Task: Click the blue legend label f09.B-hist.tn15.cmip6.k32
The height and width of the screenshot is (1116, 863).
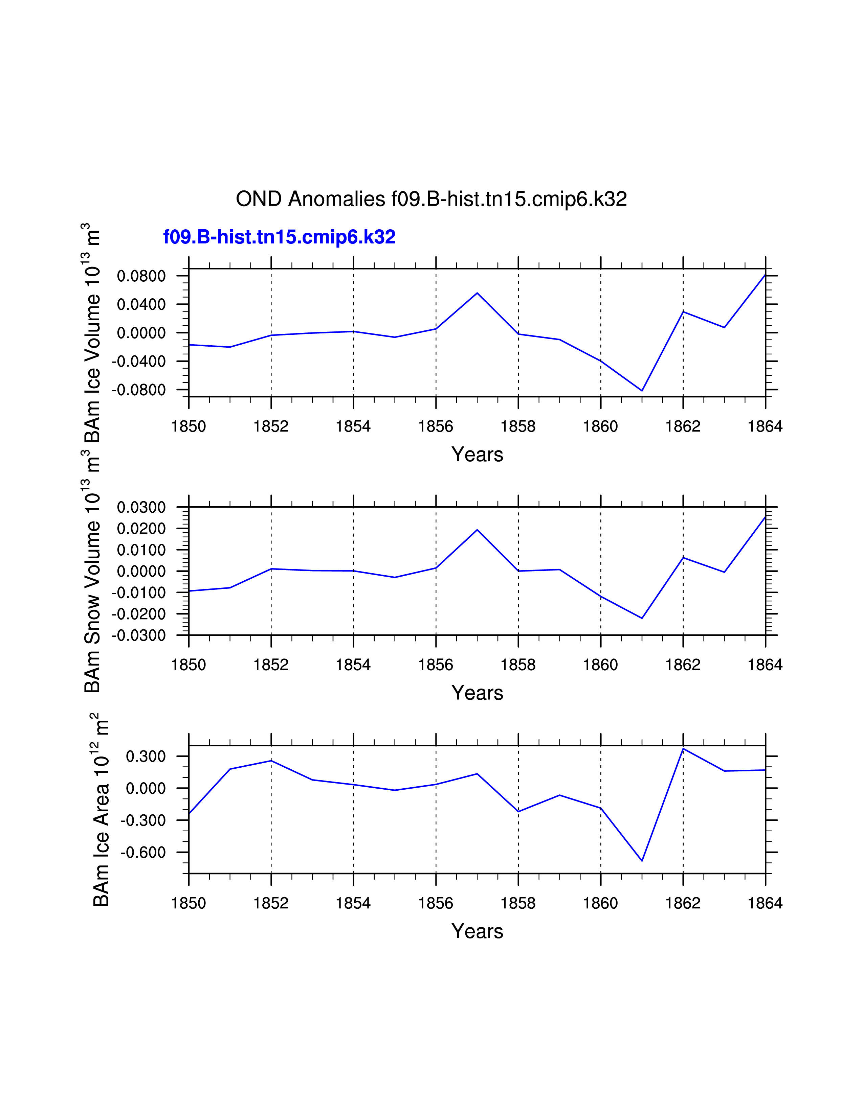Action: click(279, 237)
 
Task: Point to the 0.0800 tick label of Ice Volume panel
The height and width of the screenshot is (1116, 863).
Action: click(141, 276)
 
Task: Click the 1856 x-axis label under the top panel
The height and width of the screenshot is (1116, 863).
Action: click(436, 426)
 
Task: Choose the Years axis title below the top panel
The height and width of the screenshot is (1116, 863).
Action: click(477, 454)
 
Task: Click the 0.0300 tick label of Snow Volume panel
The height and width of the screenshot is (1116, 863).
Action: click(141, 507)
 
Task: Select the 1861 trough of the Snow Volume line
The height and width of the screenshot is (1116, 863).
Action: click(642, 618)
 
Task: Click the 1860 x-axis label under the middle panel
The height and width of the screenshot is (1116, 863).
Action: click(600, 665)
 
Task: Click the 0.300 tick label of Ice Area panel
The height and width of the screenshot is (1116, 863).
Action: click(146, 756)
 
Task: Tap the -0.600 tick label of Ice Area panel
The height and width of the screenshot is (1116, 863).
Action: click(143, 852)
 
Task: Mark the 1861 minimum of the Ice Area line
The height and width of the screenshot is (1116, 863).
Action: click(642, 861)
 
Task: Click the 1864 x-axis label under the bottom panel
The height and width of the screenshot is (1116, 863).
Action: click(765, 903)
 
